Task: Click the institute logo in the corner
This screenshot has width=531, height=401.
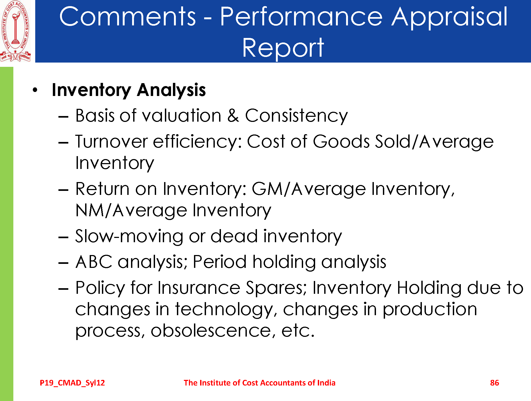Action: (x=15, y=31)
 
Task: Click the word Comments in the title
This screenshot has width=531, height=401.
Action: (x=128, y=17)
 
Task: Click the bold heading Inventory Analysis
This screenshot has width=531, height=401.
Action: (x=129, y=90)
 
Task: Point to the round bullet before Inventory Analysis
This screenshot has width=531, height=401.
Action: (x=35, y=90)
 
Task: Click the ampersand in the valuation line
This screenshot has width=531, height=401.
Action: (x=233, y=116)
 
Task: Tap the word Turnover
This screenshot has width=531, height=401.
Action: (x=111, y=141)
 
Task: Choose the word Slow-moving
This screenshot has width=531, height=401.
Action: (x=129, y=237)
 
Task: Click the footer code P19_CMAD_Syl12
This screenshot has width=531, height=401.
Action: (x=72, y=383)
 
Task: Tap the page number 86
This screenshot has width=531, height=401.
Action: (x=494, y=383)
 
